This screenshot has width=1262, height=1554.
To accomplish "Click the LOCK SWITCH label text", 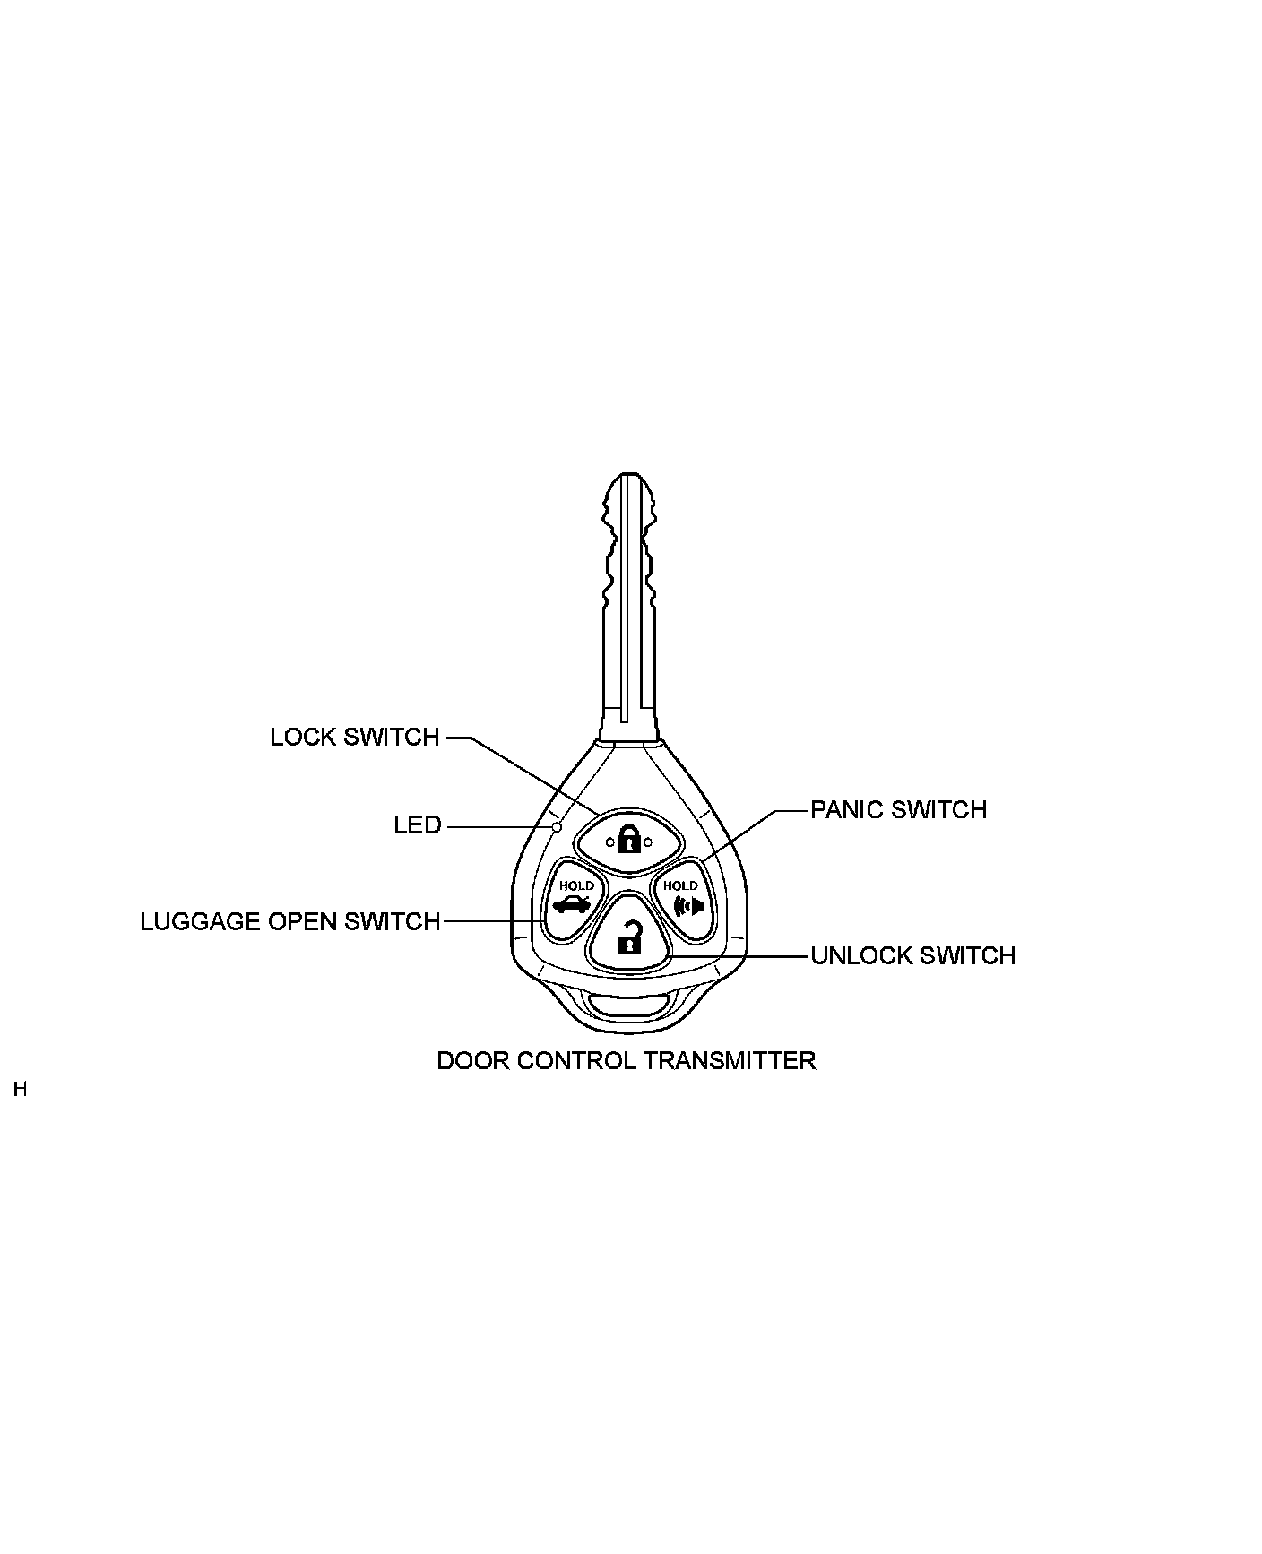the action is click(355, 738).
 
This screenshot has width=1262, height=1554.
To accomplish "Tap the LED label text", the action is click(418, 825).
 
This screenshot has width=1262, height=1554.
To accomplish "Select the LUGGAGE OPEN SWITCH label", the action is click(290, 922).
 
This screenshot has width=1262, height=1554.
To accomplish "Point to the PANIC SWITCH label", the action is click(898, 810).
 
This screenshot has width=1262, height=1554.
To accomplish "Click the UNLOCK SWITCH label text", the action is click(912, 956).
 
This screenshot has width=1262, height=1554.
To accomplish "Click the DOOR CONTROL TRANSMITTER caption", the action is click(626, 1061).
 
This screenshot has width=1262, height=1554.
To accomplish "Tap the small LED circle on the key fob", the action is click(557, 826).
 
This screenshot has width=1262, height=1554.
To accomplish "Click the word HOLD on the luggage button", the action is click(576, 886).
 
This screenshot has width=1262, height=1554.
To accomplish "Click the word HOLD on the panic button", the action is click(680, 886).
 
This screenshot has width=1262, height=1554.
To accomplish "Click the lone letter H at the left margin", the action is click(21, 1091).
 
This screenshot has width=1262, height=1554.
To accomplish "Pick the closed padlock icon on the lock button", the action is click(629, 841).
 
